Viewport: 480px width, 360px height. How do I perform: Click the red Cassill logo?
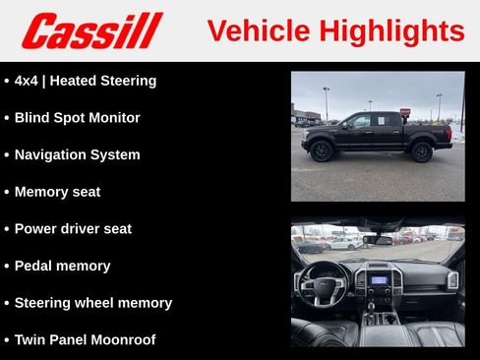[x=91, y=30]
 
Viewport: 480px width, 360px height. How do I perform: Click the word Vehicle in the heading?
[x=255, y=31]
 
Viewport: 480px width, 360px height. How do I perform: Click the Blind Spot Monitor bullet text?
[x=77, y=118]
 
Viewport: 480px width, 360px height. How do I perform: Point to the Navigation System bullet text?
[x=77, y=154]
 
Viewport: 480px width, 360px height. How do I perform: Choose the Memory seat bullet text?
[x=57, y=192]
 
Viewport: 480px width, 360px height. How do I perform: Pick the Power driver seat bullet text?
[x=73, y=228]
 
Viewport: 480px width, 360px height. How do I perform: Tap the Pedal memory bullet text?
[x=62, y=266]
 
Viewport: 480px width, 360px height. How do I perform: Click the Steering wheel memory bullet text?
[x=92, y=303]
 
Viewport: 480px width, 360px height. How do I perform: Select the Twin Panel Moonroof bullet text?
[x=85, y=339]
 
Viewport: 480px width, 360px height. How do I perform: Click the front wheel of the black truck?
[x=322, y=150]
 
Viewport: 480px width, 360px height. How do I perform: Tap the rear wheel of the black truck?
[x=422, y=150]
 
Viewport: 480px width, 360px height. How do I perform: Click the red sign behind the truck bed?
[x=405, y=112]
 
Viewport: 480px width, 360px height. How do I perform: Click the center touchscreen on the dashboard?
[x=379, y=279]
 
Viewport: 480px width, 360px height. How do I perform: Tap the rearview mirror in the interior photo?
[x=378, y=239]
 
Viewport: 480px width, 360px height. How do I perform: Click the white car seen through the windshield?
[x=344, y=242]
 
